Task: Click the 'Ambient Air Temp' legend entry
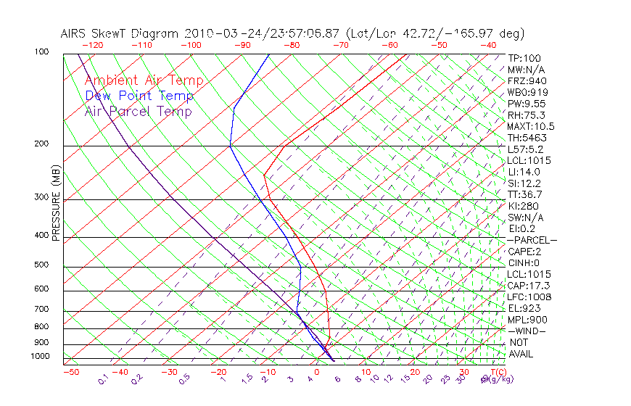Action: (144, 80)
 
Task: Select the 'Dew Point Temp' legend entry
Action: (139, 96)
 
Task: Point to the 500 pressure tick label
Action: (41, 265)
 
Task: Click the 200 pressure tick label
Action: (41, 144)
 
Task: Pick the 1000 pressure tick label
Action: (40, 357)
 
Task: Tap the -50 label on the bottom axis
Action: (71, 372)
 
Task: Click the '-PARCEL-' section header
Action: (532, 240)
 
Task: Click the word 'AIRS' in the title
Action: (75, 33)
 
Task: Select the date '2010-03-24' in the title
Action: (216, 33)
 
